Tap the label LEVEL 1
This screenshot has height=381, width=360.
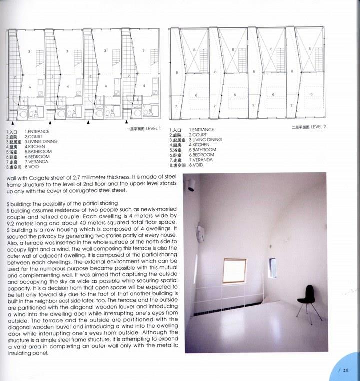[x=153, y=129]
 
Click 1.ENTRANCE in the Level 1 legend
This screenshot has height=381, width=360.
[x=37, y=131]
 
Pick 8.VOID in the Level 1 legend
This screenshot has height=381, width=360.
[x=33, y=166]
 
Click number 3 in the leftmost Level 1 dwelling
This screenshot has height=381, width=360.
[x=30, y=52]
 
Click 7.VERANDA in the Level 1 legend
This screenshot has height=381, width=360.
[x=36, y=161]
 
